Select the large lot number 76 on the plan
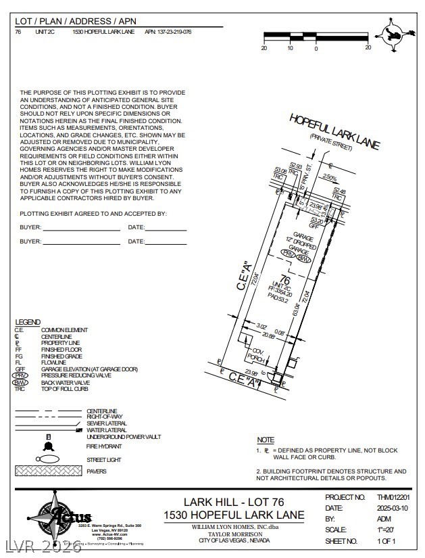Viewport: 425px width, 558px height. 284,281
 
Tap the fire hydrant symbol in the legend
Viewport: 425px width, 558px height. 48,446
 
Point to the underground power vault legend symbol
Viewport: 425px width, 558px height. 48,436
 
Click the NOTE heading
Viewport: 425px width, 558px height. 266,440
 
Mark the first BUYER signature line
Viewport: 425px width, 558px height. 81,228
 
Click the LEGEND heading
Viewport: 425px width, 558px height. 28,321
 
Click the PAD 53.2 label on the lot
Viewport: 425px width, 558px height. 276,298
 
